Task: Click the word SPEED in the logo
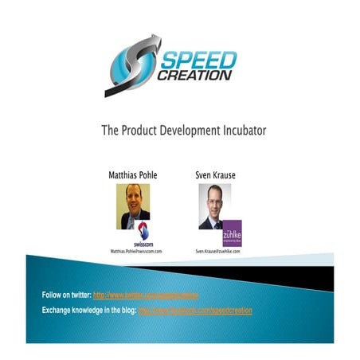pos(200,61)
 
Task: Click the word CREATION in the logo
pos(197,75)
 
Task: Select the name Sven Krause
pos(215,173)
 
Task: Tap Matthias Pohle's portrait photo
pos(133,206)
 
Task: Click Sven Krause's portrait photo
pos(214,206)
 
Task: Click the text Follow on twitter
pos(66,295)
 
